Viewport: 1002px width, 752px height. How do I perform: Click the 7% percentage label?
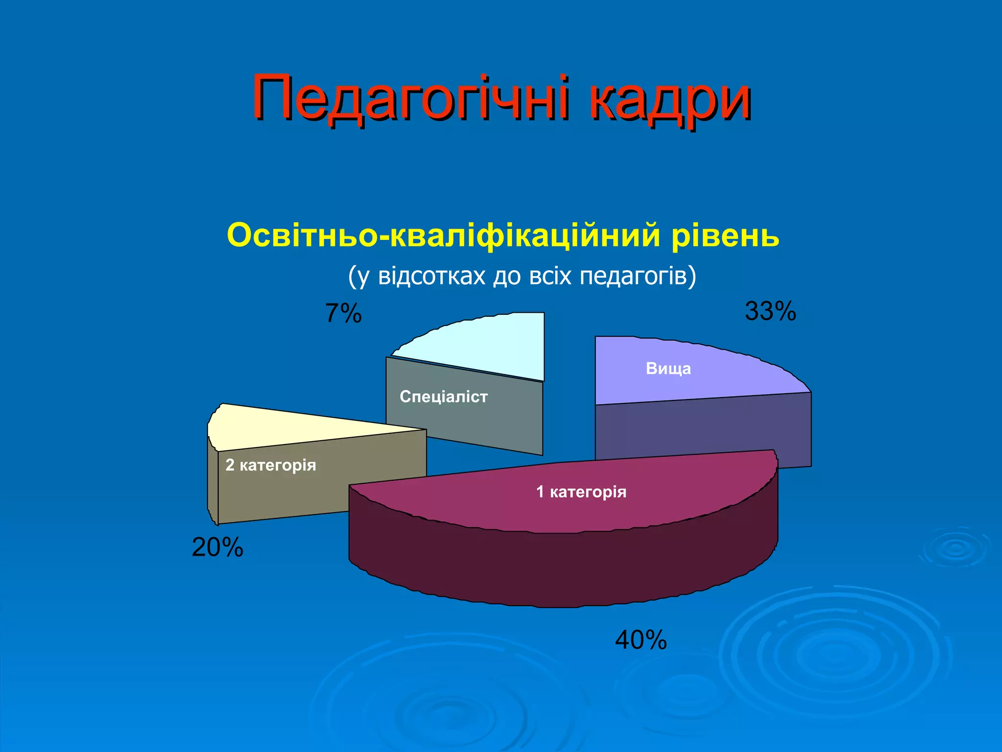343,313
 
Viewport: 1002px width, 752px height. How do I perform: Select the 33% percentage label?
770,311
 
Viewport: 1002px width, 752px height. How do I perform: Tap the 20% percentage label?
217,547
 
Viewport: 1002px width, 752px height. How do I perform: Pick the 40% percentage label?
641,639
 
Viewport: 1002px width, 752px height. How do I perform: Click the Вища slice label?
668,369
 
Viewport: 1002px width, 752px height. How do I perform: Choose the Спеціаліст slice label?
444,397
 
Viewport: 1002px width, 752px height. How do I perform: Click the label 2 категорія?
271,465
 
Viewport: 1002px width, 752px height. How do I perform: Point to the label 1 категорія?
581,492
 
